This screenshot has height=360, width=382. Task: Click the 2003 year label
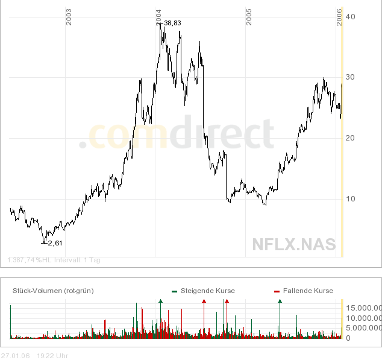(x=69, y=17)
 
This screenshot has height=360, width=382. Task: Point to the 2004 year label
(x=158, y=17)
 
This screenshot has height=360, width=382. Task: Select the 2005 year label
(x=249, y=17)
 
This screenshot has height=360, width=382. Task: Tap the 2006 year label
(x=339, y=17)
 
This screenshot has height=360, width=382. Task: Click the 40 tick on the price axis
(x=349, y=16)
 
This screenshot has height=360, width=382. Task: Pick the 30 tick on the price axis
(x=349, y=77)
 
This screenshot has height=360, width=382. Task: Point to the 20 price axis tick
(x=349, y=138)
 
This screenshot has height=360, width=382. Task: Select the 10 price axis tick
(x=349, y=199)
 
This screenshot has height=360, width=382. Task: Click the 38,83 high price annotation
(x=172, y=24)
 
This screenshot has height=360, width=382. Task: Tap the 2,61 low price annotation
(x=55, y=243)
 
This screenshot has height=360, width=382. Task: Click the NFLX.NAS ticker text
(x=293, y=244)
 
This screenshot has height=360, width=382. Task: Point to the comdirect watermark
(x=177, y=136)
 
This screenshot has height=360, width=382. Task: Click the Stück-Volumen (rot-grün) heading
(x=53, y=291)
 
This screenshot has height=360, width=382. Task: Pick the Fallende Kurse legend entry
(x=307, y=291)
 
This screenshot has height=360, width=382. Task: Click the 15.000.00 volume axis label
(x=364, y=308)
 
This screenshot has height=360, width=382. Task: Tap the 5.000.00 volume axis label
(x=364, y=328)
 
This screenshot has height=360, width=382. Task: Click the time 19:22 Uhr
(x=52, y=356)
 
